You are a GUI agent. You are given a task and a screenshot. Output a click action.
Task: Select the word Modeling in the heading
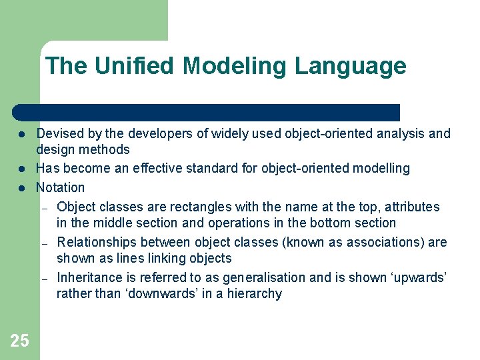236,66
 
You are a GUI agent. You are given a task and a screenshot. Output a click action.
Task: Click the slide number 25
19,341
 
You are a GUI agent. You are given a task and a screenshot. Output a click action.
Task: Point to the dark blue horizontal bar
207,112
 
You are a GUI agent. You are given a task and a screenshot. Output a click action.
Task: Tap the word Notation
60,187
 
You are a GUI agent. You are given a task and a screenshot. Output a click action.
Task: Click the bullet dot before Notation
21,188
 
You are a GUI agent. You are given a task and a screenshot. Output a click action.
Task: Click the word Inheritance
86,277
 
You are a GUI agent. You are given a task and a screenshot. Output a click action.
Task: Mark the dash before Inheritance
45,279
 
